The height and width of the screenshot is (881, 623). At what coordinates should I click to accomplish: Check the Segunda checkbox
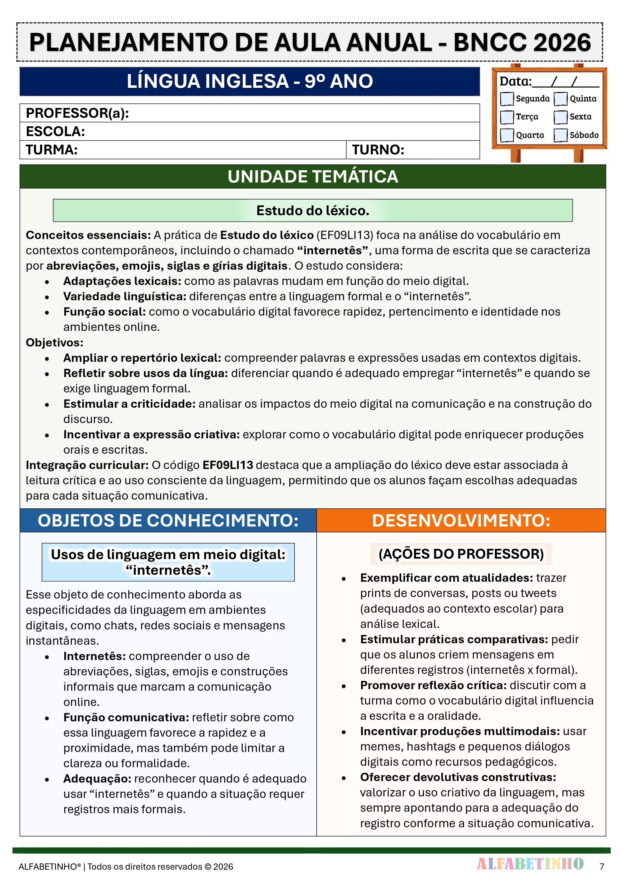pyautogui.click(x=507, y=99)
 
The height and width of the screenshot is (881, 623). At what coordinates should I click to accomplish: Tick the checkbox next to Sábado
pyautogui.click(x=560, y=135)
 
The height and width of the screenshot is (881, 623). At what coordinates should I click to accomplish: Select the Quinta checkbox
pyautogui.click(x=560, y=99)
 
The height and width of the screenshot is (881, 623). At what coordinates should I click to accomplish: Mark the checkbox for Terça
pyautogui.click(x=507, y=117)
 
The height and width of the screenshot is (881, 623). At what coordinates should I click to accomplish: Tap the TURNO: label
pyautogui.click(x=378, y=150)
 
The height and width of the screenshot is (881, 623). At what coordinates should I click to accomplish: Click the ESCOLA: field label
pyautogui.click(x=55, y=132)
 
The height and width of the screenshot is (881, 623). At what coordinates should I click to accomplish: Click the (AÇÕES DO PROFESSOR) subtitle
pyautogui.click(x=461, y=554)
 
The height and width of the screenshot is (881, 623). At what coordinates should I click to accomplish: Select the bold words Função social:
pyautogui.click(x=104, y=312)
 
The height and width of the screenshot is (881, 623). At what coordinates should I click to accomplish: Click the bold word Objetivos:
pyautogui.click(x=54, y=342)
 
